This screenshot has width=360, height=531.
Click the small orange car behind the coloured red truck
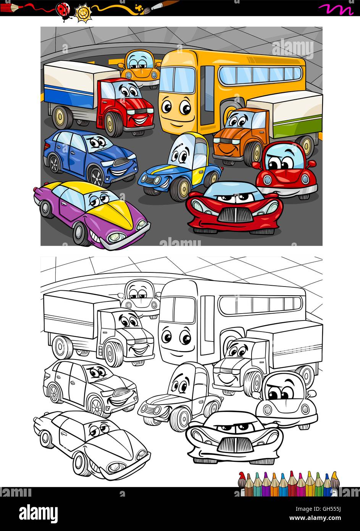tap(140, 68)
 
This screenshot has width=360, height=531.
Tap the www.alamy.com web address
tap(315, 518)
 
